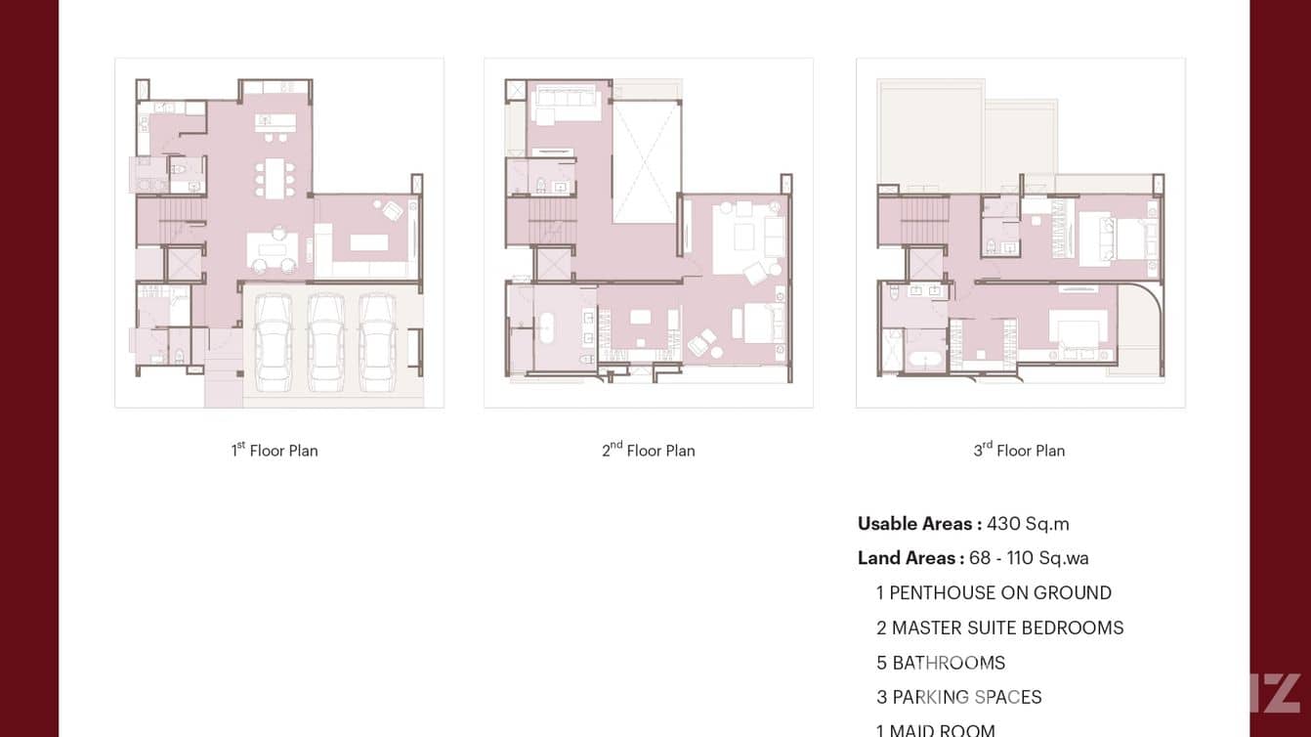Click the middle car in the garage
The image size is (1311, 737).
325,341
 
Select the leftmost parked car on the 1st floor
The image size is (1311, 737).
273,341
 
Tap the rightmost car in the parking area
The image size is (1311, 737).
377,341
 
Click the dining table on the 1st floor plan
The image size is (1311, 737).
275,178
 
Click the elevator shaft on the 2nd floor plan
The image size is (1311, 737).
554,264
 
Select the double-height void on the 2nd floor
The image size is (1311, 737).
646,162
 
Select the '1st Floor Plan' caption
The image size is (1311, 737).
275,451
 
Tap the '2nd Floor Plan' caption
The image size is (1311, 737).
649,451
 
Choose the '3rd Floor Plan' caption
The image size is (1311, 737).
1019,451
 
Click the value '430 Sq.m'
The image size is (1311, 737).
1028,524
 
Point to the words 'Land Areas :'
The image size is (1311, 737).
910,558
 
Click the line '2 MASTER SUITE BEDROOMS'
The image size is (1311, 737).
999,628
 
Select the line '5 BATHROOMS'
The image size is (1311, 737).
940,663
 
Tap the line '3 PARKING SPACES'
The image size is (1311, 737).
958,697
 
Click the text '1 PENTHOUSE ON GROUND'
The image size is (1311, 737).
994,593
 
